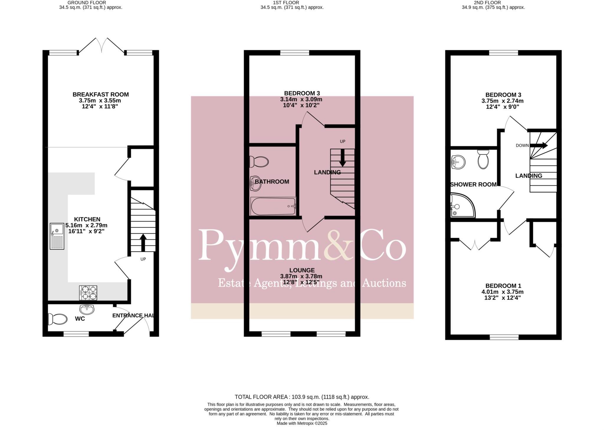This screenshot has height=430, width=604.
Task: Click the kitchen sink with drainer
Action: click(x=57, y=236)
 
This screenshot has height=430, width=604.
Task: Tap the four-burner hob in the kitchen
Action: click(x=88, y=293)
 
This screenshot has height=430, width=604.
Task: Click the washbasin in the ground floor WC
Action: click(x=87, y=309)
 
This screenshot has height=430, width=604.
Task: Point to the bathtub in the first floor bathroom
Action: click(x=273, y=206)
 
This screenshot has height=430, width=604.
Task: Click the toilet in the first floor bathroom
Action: click(x=259, y=162)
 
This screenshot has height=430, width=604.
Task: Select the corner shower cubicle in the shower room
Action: click(x=462, y=206)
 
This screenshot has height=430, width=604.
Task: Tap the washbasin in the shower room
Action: click(x=458, y=162)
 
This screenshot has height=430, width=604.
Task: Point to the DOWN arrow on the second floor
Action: click(x=539, y=145)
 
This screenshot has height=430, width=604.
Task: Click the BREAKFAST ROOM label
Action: click(x=101, y=95)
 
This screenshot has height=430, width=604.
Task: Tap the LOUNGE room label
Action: click(x=302, y=270)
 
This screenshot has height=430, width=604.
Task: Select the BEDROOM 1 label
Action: click(x=503, y=286)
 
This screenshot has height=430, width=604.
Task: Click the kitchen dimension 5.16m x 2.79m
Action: click(x=86, y=225)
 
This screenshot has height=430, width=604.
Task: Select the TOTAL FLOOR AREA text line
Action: click(x=302, y=397)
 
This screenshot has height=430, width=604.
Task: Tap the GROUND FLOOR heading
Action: click(x=87, y=3)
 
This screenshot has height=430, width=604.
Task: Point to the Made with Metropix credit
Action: click(x=302, y=424)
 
